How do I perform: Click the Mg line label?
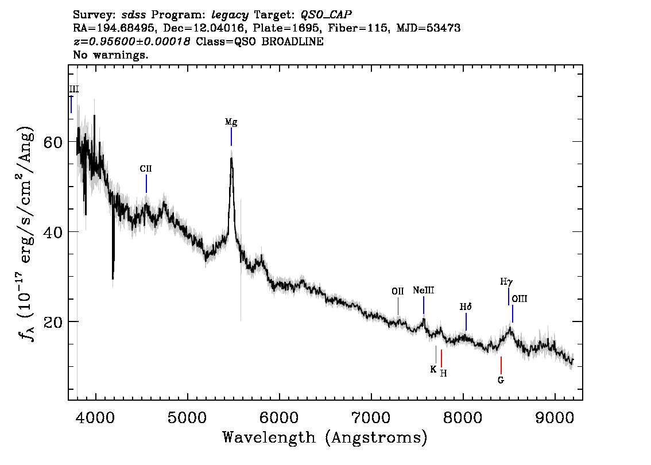[x=231, y=122]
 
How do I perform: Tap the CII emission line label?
[x=146, y=169]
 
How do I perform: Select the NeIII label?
[x=424, y=290]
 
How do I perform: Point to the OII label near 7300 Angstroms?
[x=398, y=291]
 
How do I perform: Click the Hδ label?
[x=466, y=307]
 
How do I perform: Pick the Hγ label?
[x=506, y=282]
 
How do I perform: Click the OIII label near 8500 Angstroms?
[x=520, y=299]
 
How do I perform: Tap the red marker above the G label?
[x=501, y=365]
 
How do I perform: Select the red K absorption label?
[x=433, y=369]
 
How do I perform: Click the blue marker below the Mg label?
[x=231, y=137]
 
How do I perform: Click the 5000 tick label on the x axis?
[x=187, y=418]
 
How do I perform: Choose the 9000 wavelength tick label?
[x=555, y=418]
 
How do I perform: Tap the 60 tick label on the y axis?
[x=52, y=142]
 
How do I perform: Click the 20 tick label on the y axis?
[x=52, y=321]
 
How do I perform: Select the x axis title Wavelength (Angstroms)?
[x=325, y=437]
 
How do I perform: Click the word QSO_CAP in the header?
[x=326, y=15]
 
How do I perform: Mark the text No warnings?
[x=110, y=55]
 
